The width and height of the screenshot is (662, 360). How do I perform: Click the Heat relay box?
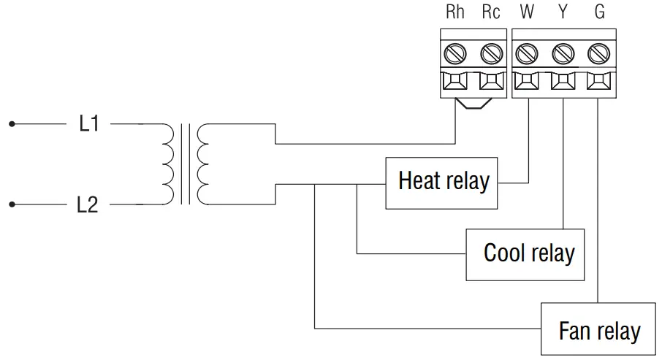(x=443, y=182)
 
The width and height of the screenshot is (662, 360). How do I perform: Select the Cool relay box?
(x=525, y=254)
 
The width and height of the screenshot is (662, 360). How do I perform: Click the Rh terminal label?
(x=455, y=13)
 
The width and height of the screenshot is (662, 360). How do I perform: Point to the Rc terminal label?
(x=492, y=13)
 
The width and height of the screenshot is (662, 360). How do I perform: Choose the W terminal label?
(x=527, y=13)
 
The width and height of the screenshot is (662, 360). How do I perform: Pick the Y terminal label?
(x=563, y=13)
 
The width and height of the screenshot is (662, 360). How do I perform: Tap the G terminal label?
(x=599, y=13)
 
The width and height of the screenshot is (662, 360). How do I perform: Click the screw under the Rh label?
(x=456, y=53)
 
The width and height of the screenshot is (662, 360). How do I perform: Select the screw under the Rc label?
(x=491, y=53)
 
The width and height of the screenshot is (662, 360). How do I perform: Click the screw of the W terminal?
(x=528, y=53)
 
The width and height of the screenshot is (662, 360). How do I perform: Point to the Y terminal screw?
(x=563, y=53)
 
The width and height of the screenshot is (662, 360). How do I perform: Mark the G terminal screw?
(x=598, y=53)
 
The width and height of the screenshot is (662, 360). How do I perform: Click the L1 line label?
(x=88, y=124)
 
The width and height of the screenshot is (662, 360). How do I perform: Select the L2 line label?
(x=87, y=205)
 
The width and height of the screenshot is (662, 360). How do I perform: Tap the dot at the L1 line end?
(x=12, y=124)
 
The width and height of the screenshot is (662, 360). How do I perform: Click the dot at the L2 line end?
(x=12, y=205)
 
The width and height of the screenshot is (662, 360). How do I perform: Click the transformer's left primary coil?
(x=168, y=164)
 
